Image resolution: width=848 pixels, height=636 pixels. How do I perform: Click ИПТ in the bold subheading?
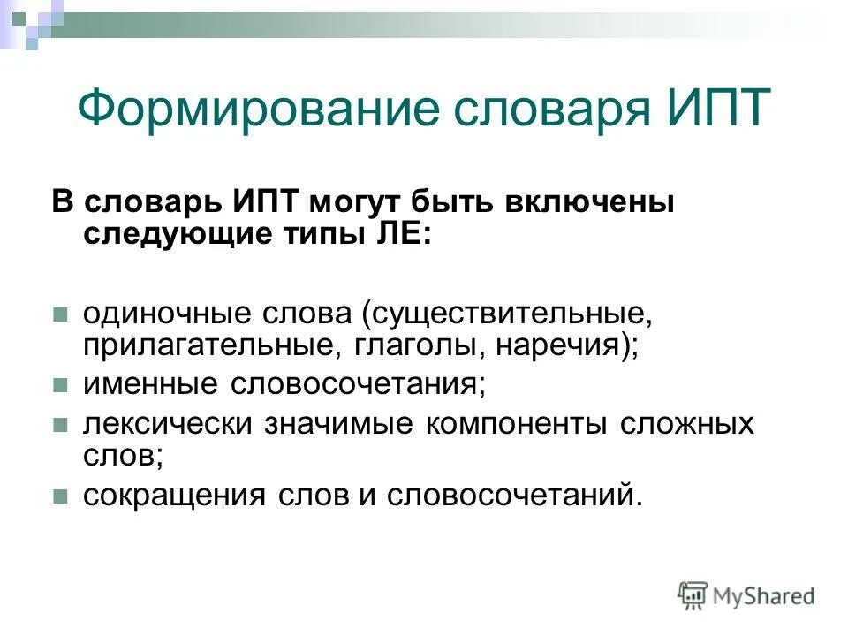coord(269,202)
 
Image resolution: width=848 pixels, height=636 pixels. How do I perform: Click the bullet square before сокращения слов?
coord(60,496)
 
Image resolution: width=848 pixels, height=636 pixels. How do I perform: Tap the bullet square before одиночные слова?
coord(60,314)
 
